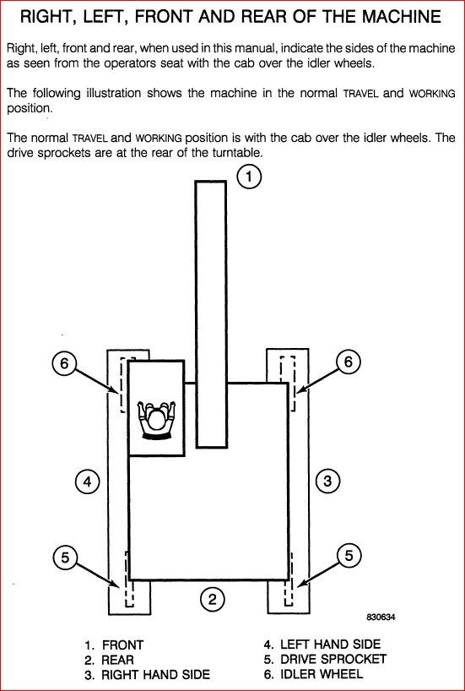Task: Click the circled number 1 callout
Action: click(x=249, y=177)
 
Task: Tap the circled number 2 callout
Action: click(x=213, y=599)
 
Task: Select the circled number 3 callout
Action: click(x=327, y=481)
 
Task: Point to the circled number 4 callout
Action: click(x=87, y=482)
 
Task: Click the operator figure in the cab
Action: click(x=156, y=420)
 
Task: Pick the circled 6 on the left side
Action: click(x=64, y=363)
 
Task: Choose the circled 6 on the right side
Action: click(x=349, y=362)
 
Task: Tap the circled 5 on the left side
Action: click(x=65, y=558)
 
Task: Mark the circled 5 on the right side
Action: click(x=349, y=556)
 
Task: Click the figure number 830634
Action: click(x=381, y=618)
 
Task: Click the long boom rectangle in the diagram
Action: click(x=211, y=314)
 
